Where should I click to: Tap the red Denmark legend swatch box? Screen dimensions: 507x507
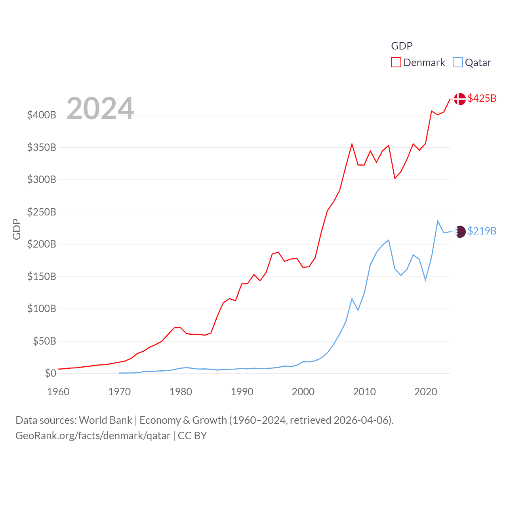click(x=396, y=63)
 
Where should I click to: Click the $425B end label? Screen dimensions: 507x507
click(x=482, y=98)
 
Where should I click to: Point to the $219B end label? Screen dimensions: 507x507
click(x=482, y=231)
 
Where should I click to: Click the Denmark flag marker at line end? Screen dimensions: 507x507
click(x=460, y=99)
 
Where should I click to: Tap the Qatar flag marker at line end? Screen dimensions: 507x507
click(x=460, y=231)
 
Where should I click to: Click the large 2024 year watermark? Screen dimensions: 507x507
click(x=100, y=109)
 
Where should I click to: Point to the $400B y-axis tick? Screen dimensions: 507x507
click(x=42, y=115)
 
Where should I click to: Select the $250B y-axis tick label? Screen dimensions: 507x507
click(x=42, y=212)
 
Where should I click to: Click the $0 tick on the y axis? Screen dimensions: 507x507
click(x=50, y=373)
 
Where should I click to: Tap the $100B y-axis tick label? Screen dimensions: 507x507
click(x=42, y=309)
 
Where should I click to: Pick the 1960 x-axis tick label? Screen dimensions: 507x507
click(x=58, y=392)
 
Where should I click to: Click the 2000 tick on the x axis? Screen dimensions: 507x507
click(x=303, y=392)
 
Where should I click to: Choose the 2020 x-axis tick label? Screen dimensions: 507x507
click(x=425, y=392)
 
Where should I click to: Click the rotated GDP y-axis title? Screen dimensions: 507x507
click(x=17, y=229)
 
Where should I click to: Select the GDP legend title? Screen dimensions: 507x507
click(x=402, y=46)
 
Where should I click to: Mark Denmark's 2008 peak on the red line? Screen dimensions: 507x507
click(x=352, y=144)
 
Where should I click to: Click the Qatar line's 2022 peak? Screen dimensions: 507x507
click(x=438, y=221)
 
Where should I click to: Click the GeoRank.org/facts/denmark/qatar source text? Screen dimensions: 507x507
click(x=93, y=436)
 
